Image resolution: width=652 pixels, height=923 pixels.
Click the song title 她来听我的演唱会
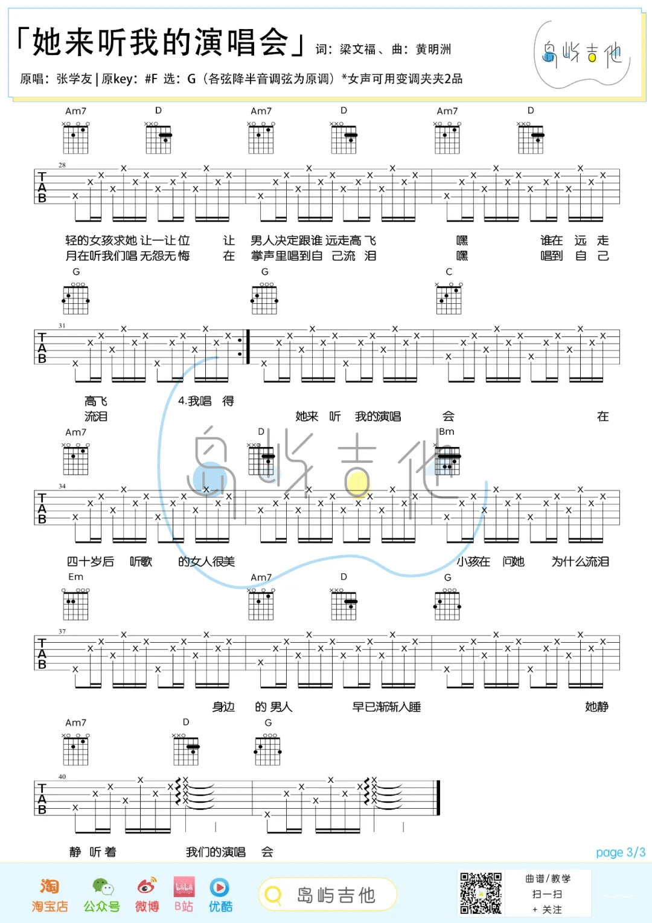click(161, 42)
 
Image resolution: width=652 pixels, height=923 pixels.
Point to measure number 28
click(62, 165)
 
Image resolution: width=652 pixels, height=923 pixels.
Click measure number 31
click(62, 326)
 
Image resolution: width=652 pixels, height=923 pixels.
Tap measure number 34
click(62, 486)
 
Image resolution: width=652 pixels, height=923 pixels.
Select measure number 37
click(62, 631)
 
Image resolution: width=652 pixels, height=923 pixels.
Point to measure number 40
click(62, 777)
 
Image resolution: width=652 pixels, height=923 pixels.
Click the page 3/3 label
click(620, 852)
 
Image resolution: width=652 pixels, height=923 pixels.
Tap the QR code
click(481, 893)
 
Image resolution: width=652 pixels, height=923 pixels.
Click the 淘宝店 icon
click(50, 886)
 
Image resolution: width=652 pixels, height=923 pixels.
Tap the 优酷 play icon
click(219, 887)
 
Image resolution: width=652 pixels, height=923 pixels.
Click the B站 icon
click(184, 887)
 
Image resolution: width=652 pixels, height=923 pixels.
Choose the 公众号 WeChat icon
click(103, 887)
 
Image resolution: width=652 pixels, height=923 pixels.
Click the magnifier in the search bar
click(273, 895)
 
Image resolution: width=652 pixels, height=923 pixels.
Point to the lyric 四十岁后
click(90, 561)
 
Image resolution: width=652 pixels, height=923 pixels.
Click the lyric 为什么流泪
click(580, 561)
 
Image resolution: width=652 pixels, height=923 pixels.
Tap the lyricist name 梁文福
click(357, 50)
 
